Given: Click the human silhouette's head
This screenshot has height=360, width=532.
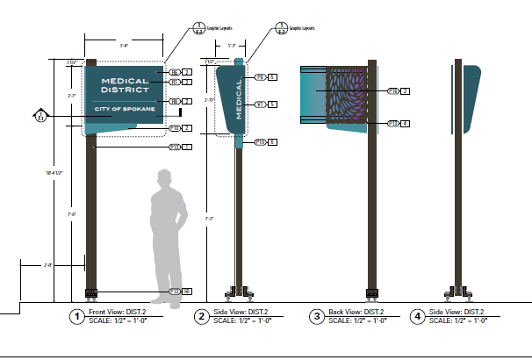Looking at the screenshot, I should [165, 178].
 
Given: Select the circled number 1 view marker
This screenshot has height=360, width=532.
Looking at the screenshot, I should [77, 316].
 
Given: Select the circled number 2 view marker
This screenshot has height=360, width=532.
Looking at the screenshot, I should [201, 316].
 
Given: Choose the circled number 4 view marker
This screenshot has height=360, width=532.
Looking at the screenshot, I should [418, 316].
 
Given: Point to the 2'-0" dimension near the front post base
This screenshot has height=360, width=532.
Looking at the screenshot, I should [47, 263].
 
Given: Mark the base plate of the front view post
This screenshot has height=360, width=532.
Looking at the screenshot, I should [91, 292].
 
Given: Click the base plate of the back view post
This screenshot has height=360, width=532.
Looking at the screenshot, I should [372, 292].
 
